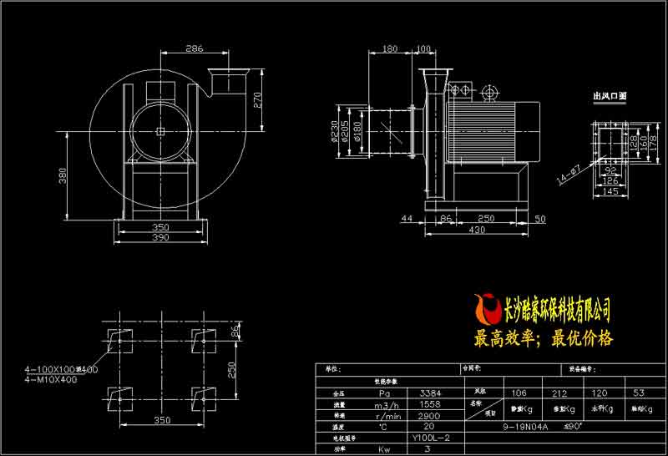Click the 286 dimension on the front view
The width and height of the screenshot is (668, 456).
194,48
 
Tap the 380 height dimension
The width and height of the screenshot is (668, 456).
62,175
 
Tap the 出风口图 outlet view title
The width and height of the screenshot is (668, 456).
609,97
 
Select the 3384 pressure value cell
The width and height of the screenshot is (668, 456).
431,392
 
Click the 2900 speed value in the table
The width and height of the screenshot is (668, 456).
431,414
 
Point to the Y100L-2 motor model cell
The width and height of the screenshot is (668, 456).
431,437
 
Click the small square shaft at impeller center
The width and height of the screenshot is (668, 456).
159,131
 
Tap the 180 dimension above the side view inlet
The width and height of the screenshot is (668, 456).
389,48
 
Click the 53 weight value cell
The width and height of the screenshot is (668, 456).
639,392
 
